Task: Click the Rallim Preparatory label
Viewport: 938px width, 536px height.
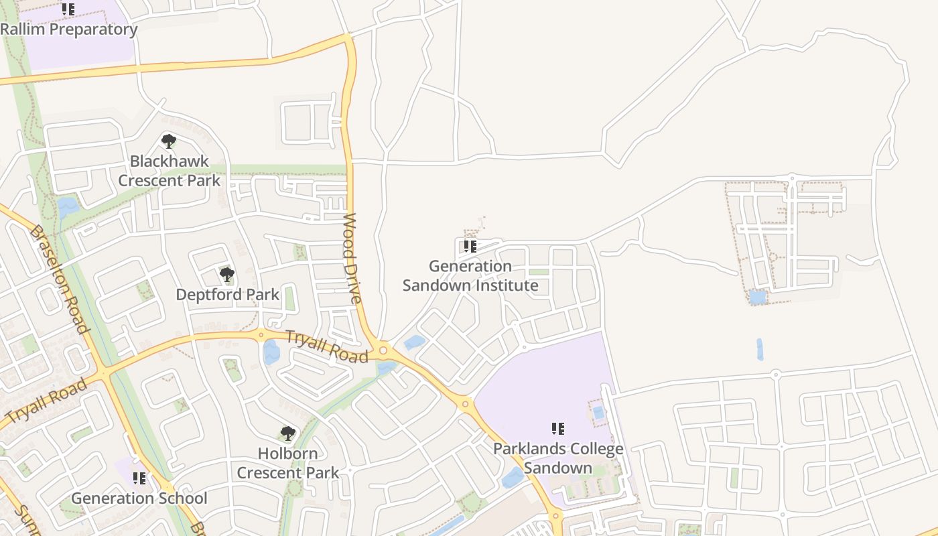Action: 69,29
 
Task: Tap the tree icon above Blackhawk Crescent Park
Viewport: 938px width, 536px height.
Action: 169,141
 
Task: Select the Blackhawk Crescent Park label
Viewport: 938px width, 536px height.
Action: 170,171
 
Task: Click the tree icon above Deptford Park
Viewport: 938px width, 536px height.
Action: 227,274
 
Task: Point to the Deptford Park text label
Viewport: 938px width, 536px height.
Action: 227,294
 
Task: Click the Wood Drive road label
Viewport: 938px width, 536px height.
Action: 352,258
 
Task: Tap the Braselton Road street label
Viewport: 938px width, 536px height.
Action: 59,279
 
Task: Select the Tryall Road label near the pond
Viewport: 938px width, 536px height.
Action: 327,346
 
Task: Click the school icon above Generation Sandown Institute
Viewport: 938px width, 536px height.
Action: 470,247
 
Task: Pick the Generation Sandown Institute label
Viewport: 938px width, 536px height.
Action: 470,276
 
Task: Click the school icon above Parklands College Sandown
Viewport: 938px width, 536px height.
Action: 557,428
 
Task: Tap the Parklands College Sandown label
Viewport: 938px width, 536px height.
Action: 558,458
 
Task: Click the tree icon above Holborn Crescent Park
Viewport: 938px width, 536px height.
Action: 288,433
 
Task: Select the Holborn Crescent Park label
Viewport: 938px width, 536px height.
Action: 288,463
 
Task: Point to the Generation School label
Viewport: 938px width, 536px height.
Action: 139,498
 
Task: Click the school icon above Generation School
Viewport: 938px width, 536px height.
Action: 139,478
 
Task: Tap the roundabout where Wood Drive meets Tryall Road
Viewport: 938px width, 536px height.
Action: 383,349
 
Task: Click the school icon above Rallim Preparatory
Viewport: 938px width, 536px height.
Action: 68,9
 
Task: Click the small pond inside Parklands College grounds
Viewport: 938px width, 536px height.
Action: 598,412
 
